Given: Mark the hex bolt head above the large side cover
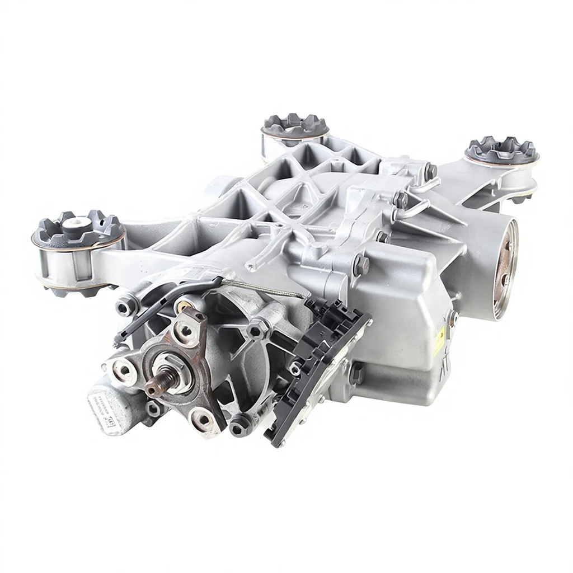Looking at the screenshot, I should tap(360, 263).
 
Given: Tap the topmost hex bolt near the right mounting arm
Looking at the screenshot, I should tap(431, 169).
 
